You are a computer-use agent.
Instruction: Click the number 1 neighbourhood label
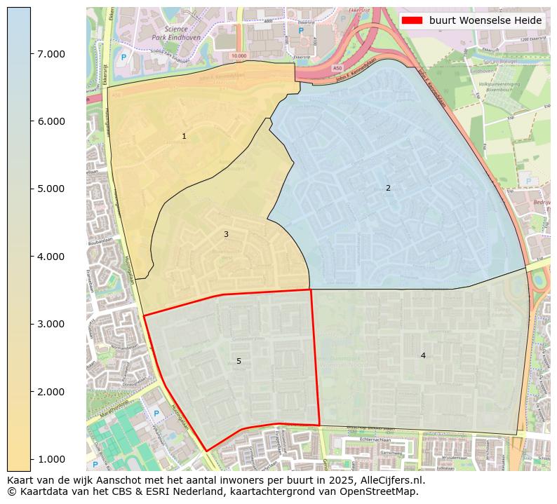(x=184, y=137)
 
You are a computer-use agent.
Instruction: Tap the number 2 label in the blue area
(x=388, y=188)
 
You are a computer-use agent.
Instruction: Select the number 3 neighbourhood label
(x=226, y=234)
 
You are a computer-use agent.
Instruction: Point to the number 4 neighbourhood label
(x=423, y=355)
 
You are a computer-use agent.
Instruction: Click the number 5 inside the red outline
(x=239, y=361)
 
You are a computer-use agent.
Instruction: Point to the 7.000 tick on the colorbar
(x=51, y=54)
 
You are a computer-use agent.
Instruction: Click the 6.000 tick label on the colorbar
(x=51, y=121)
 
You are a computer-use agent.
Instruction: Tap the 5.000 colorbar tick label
(x=51, y=189)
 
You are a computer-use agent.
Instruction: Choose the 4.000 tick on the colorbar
(x=51, y=257)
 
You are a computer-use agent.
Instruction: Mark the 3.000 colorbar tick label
(x=51, y=324)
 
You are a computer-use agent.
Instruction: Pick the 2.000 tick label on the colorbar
(x=51, y=391)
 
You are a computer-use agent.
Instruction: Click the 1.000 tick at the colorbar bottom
(x=51, y=458)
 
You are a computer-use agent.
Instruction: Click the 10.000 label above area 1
(x=239, y=55)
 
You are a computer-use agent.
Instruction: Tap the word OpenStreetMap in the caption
(x=384, y=491)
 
